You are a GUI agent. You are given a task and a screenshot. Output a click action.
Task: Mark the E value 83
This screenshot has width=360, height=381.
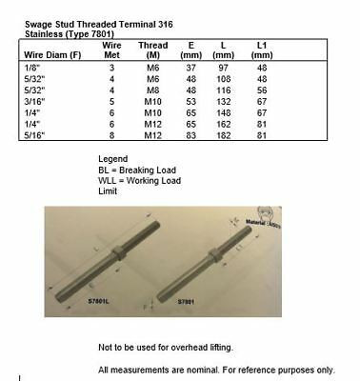pos(191,136)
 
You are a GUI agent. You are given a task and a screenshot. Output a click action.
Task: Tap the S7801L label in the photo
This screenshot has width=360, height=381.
pos(125,299)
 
